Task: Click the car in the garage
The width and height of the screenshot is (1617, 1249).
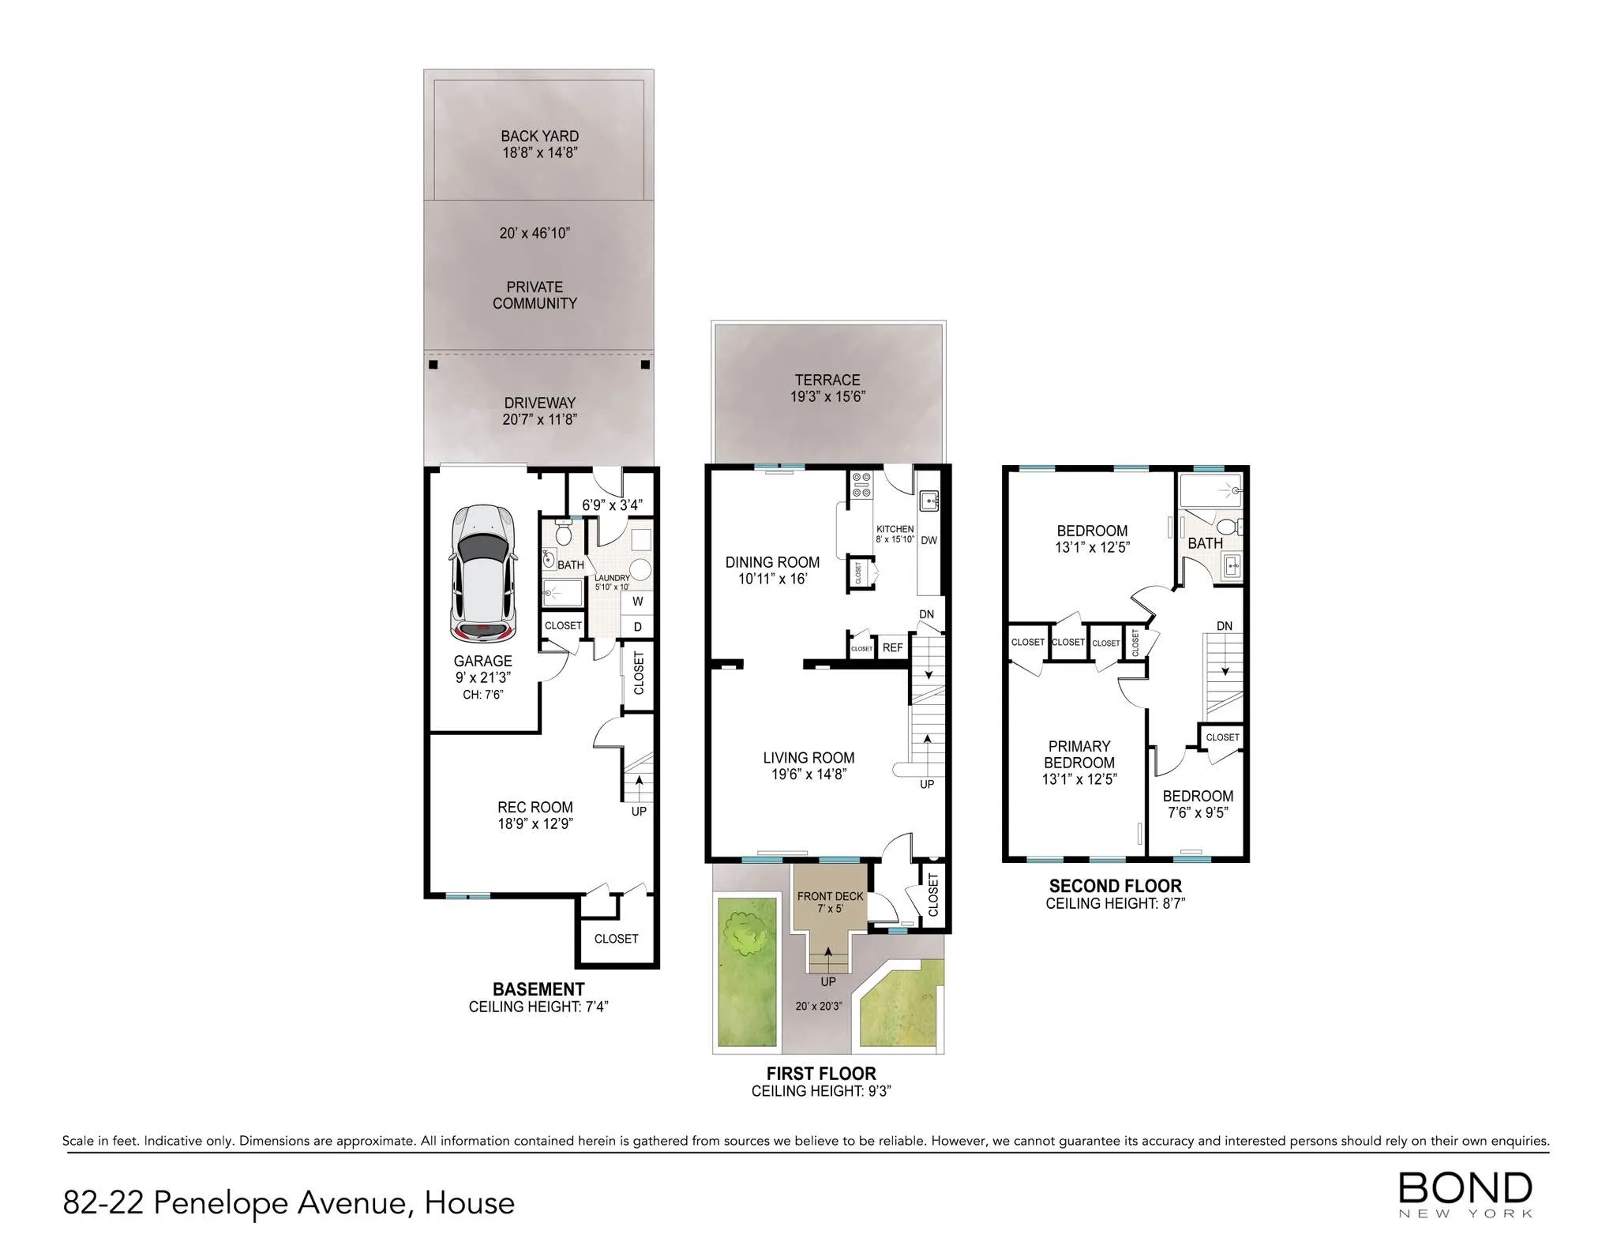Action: (x=482, y=573)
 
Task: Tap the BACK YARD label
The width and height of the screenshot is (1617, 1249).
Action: (x=539, y=136)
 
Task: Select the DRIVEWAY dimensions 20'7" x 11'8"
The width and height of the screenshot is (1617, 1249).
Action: (x=539, y=419)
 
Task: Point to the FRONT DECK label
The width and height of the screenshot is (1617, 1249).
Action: (x=830, y=896)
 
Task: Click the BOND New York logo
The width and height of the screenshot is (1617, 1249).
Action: (x=1465, y=1194)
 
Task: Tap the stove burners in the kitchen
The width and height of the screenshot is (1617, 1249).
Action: (x=861, y=485)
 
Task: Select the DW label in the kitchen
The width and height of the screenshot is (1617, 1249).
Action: (x=929, y=541)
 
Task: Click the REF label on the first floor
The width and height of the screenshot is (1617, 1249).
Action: (x=892, y=647)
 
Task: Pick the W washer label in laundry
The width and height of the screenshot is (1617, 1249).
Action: (x=638, y=602)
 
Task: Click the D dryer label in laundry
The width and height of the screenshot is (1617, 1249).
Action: (x=638, y=627)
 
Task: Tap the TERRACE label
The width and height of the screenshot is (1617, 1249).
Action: (x=827, y=380)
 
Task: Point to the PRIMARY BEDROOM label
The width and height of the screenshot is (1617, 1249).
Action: (x=1079, y=754)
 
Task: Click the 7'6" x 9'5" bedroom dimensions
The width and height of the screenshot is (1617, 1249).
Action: (x=1198, y=812)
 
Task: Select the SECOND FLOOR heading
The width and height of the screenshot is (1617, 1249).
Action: (x=1115, y=886)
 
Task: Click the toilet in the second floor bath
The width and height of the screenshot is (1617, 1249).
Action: (x=1225, y=527)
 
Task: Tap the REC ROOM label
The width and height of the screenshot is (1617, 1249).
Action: (x=535, y=807)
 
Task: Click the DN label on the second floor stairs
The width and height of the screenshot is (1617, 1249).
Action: (x=1224, y=626)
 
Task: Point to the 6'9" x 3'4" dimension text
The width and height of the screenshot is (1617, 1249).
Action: (x=612, y=504)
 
